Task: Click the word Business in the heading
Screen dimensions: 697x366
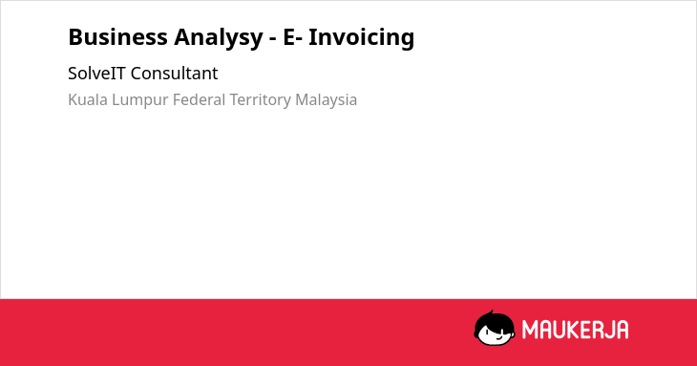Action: pyautogui.click(x=117, y=37)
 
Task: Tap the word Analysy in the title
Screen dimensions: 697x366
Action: pyautogui.click(x=219, y=39)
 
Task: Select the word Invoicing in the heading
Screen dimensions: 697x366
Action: pyautogui.click(x=362, y=38)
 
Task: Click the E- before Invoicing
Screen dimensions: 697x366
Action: pyautogui.click(x=293, y=37)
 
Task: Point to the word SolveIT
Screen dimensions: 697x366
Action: pyautogui.click(x=96, y=74)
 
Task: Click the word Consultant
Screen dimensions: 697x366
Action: pyautogui.click(x=174, y=74)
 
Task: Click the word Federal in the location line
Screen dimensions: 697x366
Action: pyautogui.click(x=200, y=99)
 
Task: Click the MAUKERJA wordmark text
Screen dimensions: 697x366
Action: pyautogui.click(x=575, y=330)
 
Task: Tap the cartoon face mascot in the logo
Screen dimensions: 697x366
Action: pyautogui.click(x=495, y=329)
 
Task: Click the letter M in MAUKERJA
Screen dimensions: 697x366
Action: pyautogui.click(x=530, y=330)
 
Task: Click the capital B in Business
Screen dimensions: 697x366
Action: pyautogui.click(x=74, y=37)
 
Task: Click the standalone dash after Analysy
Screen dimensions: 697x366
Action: pyautogui.click(x=273, y=39)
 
